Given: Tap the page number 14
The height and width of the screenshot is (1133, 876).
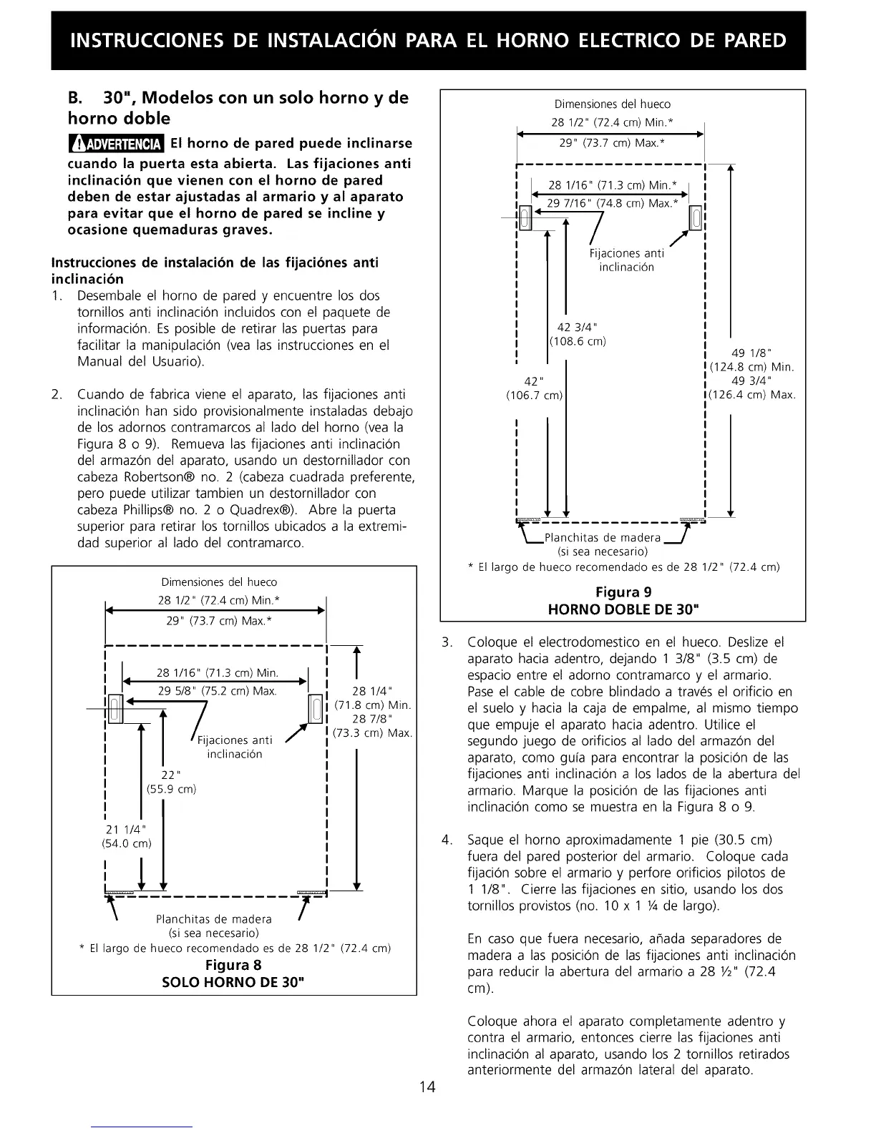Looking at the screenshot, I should (x=427, y=1087).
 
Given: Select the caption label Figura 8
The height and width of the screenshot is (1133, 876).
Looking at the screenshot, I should (x=233, y=965).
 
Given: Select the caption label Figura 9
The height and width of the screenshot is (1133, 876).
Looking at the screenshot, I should (x=623, y=592).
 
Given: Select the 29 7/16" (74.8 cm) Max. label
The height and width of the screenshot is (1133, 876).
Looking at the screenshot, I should (x=612, y=203).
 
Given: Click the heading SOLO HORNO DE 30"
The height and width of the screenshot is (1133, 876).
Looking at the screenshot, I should (x=233, y=981).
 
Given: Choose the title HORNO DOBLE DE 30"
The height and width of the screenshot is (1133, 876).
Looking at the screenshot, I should (x=623, y=609).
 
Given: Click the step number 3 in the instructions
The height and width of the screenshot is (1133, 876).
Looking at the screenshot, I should (x=448, y=642).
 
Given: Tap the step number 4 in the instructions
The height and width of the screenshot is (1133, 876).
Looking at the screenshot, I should (x=448, y=840).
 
